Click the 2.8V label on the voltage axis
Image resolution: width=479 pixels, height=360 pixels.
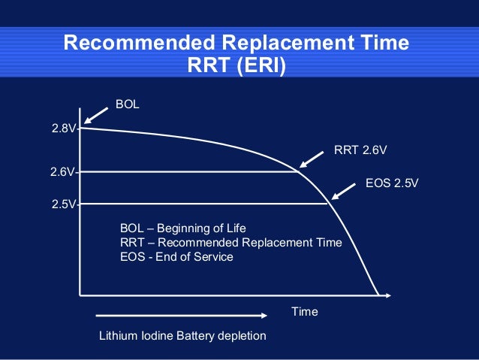tap(63, 129)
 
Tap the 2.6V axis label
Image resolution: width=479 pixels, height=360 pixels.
tap(62, 172)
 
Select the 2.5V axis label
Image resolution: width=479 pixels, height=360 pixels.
tap(63, 204)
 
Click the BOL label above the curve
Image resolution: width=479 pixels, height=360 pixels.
tap(127, 103)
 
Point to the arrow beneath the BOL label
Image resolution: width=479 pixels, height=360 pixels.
tap(95, 114)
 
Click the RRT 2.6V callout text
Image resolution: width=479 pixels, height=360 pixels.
tap(360, 150)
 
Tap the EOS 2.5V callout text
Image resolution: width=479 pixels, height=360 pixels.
tap(390, 182)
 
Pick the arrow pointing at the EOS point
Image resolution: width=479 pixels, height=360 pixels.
tap(343, 191)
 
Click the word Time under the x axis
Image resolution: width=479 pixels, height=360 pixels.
tap(304, 311)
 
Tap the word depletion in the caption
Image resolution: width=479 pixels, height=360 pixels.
tap(243, 335)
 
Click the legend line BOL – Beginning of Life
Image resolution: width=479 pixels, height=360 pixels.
tap(182, 228)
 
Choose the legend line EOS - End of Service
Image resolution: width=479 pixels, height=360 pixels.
tap(176, 256)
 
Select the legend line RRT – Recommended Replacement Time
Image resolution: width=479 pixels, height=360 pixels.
tap(230, 242)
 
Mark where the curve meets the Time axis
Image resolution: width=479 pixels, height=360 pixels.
tap(378, 292)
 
